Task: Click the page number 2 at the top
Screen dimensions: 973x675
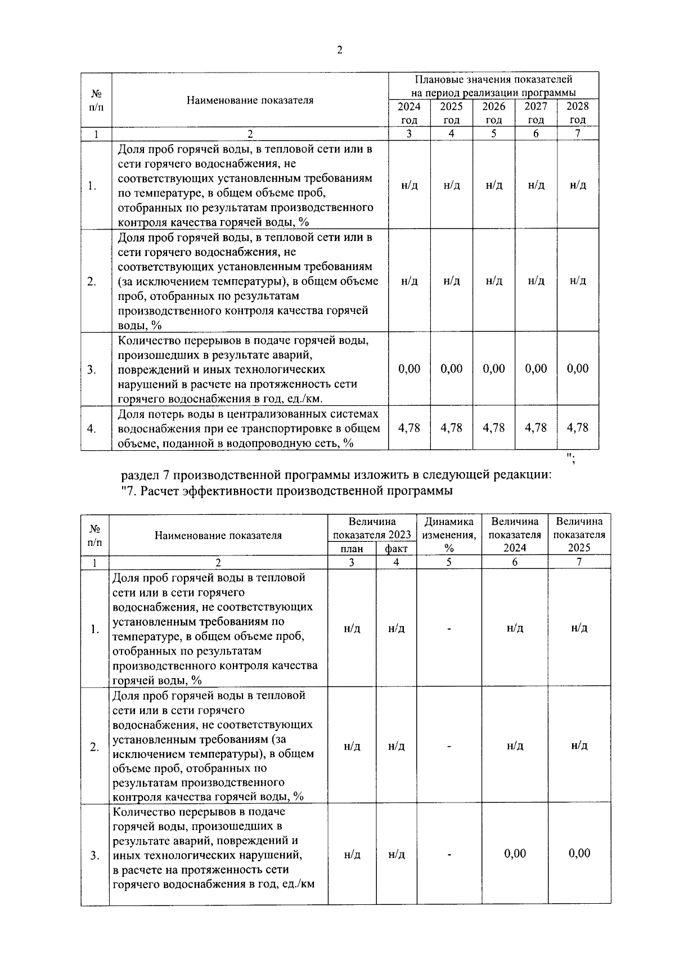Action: pyautogui.click(x=339, y=50)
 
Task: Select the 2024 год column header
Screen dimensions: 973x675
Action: pyautogui.click(x=409, y=113)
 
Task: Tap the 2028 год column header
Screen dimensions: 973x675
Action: pyautogui.click(x=577, y=113)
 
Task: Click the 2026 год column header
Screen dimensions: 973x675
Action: pyautogui.click(x=494, y=113)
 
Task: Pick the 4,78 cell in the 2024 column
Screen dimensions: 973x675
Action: pyautogui.click(x=409, y=428)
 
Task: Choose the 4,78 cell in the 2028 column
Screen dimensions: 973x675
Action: pyautogui.click(x=578, y=428)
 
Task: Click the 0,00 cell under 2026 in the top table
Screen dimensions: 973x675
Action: pyautogui.click(x=494, y=369)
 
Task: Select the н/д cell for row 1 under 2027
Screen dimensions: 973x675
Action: pyautogui.click(x=536, y=185)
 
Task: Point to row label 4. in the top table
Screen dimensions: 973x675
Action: pyautogui.click(x=92, y=429)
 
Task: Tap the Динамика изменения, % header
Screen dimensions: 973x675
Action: pyautogui.click(x=449, y=535)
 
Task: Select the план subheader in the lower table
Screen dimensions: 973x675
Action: pyautogui.click(x=352, y=549)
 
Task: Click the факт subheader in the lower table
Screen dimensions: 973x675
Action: pyautogui.click(x=396, y=549)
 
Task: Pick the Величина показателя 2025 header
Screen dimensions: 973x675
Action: pyautogui.click(x=579, y=535)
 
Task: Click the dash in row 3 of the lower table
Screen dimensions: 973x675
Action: pyautogui.click(x=449, y=855)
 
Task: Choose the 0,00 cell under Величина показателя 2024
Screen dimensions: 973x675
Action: pyautogui.click(x=515, y=854)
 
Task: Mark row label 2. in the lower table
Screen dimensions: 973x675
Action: pyautogui.click(x=94, y=747)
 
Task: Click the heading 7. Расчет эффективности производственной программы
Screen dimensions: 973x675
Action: pyautogui.click(x=287, y=491)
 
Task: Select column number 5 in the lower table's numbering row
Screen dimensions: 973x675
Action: pyautogui.click(x=449, y=562)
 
